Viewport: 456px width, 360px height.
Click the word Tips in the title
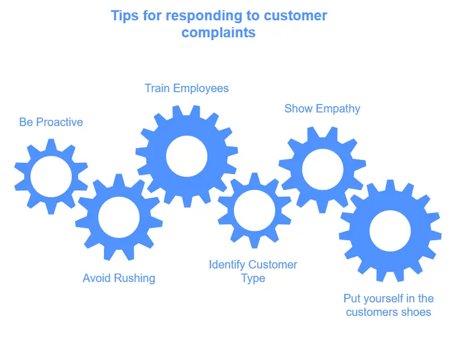(123, 15)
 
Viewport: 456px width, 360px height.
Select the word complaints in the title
(218, 32)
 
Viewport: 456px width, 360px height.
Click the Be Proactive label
(51, 122)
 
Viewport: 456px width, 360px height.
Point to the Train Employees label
(186, 88)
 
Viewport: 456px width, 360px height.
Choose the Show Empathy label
(322, 109)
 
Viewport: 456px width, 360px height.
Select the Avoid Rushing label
(119, 278)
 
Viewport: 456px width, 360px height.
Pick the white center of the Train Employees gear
(186, 156)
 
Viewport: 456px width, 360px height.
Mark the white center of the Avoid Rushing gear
(119, 217)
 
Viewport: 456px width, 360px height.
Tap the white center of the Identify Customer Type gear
(254, 210)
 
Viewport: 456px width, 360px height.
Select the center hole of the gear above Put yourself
(390, 231)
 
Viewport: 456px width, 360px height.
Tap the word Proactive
(59, 122)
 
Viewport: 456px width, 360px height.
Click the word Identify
(227, 264)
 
